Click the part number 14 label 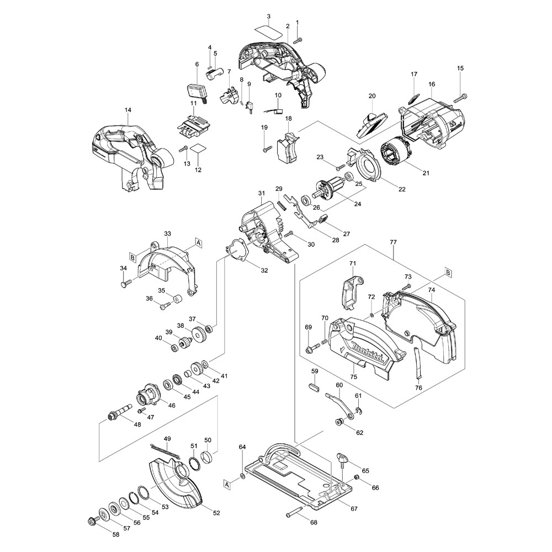(128, 110)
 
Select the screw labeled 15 (461, 98)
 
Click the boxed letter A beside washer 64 (227, 484)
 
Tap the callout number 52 (216, 513)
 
